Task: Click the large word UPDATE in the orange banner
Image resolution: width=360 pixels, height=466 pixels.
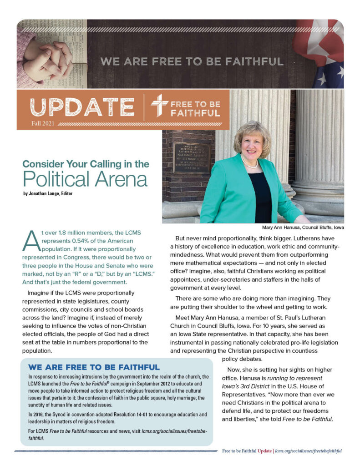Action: click(x=82, y=107)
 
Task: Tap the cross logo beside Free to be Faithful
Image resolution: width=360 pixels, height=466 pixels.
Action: click(x=159, y=106)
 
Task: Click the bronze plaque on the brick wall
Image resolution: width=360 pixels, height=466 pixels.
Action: click(x=191, y=158)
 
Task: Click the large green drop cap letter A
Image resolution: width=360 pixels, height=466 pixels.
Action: click(x=30, y=241)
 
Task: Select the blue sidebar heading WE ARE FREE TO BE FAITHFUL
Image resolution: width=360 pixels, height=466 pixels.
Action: click(x=94, y=367)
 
